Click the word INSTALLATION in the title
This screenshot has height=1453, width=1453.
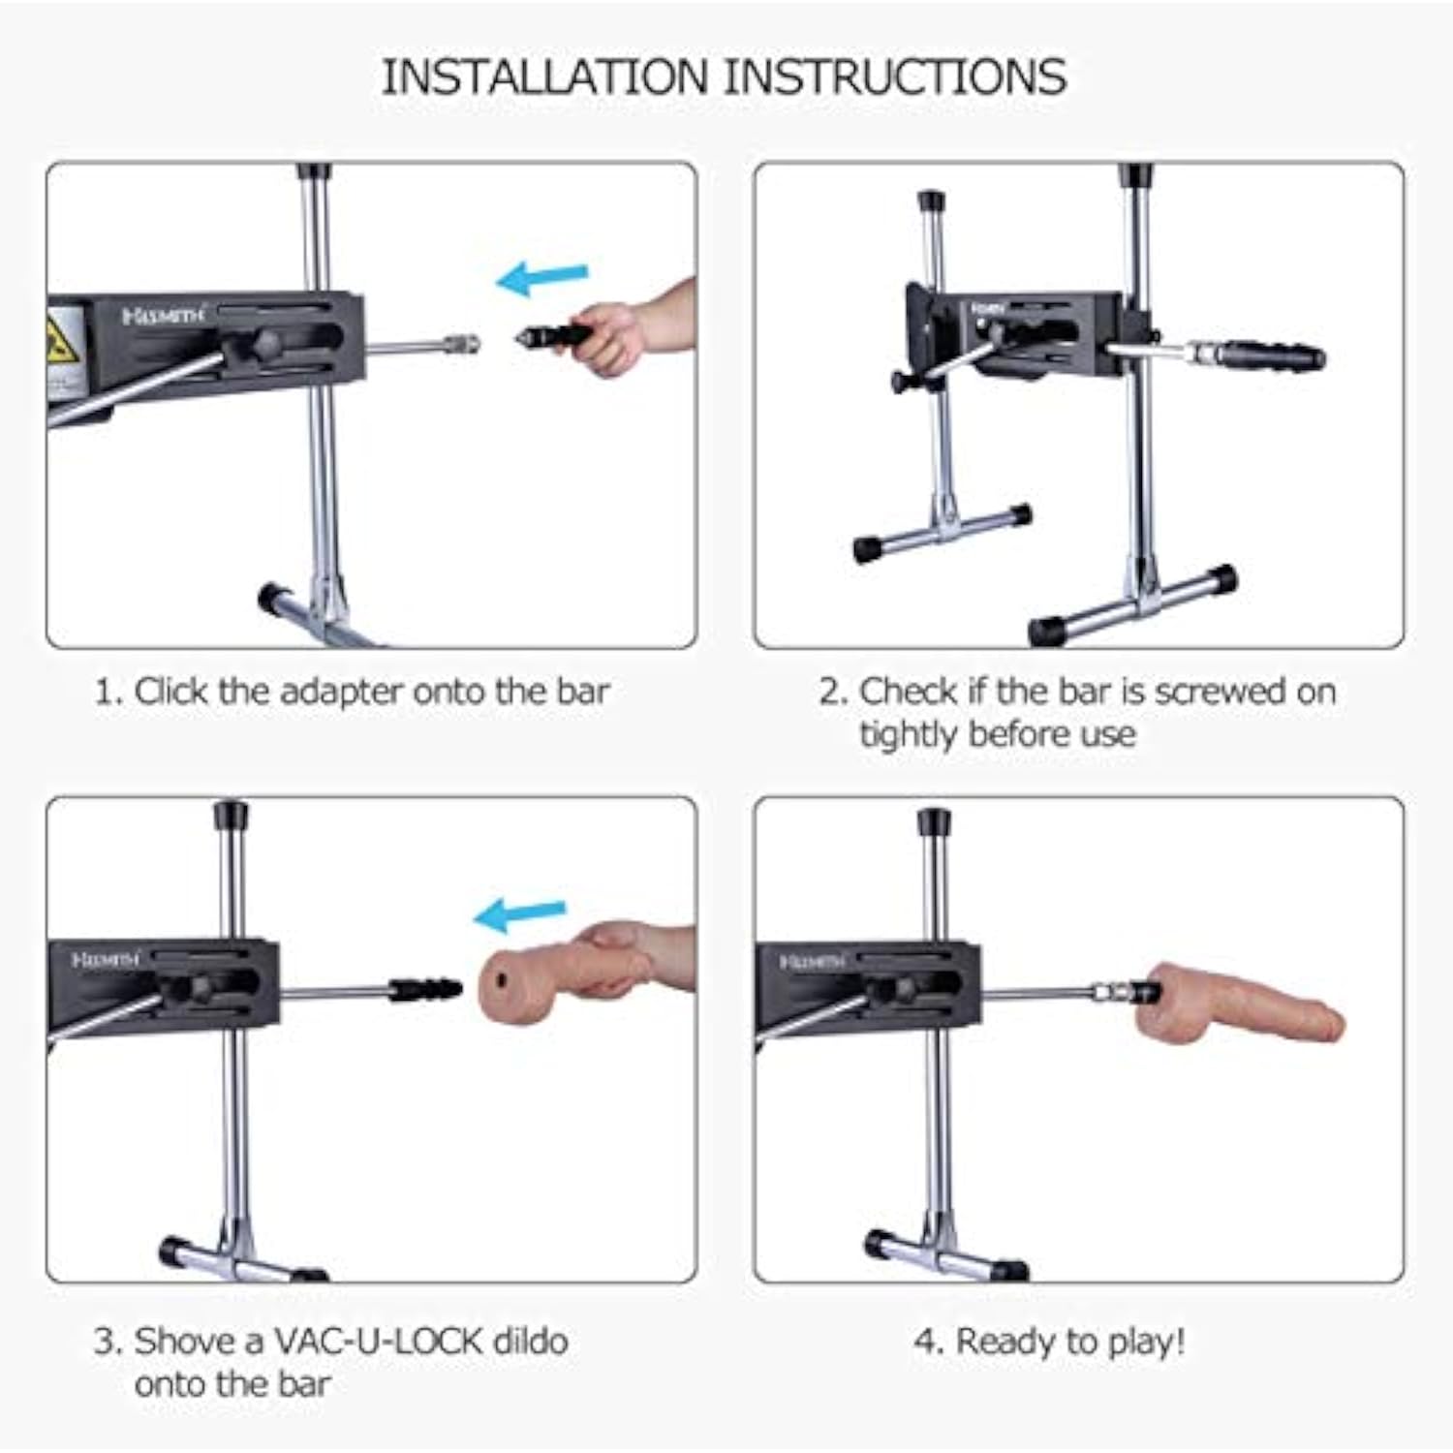coord(544,77)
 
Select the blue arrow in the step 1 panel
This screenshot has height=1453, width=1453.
coord(541,278)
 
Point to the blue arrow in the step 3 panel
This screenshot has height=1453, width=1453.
coord(519,914)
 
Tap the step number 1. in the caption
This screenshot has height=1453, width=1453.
coord(108,692)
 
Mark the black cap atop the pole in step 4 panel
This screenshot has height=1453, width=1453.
coord(935,821)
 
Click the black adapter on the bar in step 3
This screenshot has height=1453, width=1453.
coord(424,989)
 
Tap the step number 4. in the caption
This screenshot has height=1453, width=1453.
coord(928,1343)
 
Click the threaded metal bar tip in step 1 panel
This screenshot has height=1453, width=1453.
coord(461,344)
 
